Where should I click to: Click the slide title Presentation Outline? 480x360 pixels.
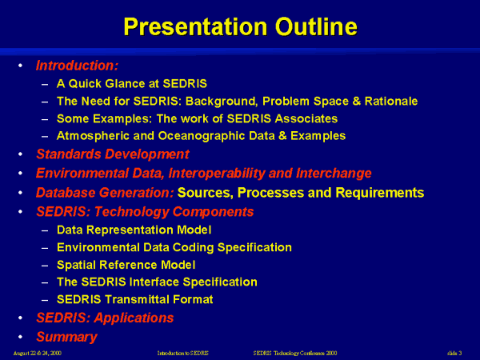click(240, 26)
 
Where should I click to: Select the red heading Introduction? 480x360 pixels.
click(77, 65)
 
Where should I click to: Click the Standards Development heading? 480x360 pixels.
click(112, 154)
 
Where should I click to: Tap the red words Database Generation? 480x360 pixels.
click(105, 192)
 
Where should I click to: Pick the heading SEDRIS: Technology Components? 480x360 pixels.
click(145, 212)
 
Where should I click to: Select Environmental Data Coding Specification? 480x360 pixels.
click(174, 247)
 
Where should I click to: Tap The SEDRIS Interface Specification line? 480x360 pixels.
click(157, 282)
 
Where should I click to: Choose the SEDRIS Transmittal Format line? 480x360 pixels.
click(146, 300)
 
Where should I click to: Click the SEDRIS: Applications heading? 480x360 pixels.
click(105, 318)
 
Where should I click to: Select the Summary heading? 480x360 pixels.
click(66, 337)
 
